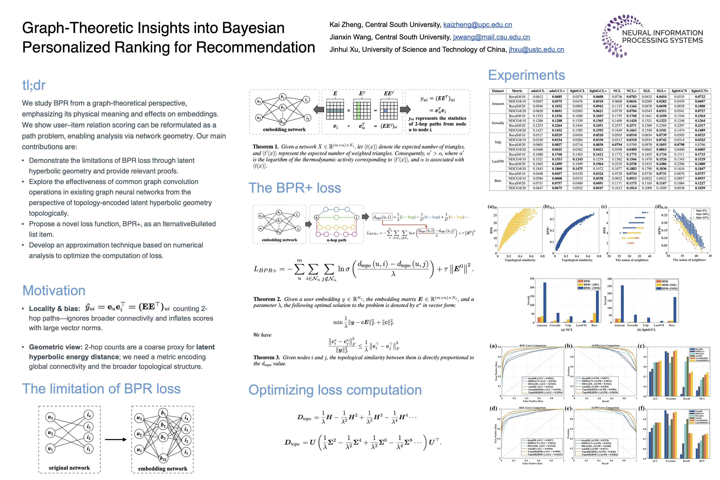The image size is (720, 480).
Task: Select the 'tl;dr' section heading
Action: pos(34,85)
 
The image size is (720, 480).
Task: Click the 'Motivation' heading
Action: pos(54,291)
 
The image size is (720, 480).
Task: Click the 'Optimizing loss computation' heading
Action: pos(335,390)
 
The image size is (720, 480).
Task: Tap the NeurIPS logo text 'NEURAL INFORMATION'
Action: pos(662,33)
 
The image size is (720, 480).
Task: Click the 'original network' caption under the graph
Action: pos(69,468)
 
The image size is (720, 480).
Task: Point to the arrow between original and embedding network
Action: pos(116,440)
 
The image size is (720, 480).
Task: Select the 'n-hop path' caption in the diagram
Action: pos(336,240)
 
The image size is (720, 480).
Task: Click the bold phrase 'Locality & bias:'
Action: pos(54,309)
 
